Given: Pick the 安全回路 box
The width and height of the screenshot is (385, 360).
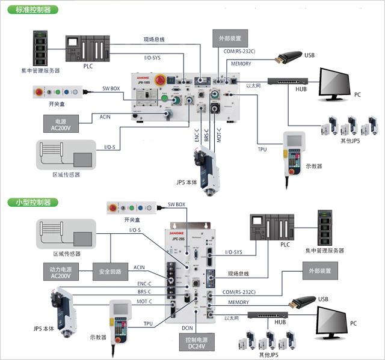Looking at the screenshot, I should [x=110, y=272].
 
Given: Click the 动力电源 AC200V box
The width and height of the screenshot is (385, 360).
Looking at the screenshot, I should [x=61, y=272].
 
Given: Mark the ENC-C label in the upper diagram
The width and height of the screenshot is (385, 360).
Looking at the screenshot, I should [x=197, y=134].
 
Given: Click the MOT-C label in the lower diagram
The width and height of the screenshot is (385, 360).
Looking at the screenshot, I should [x=144, y=301].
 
